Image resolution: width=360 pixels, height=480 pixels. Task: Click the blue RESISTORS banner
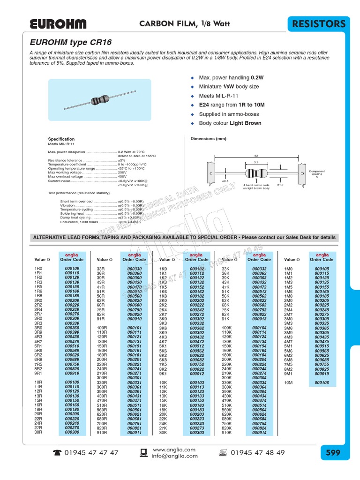pyautogui.click(x=320, y=24)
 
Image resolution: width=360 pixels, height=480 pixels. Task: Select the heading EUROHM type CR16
pyautogui.click(x=71, y=42)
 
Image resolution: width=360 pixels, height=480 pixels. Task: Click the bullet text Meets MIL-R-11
pyautogui.click(x=215, y=96)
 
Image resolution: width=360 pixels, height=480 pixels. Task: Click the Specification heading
pyautogui.click(x=61, y=139)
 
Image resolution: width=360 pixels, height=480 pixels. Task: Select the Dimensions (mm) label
pyautogui.click(x=208, y=139)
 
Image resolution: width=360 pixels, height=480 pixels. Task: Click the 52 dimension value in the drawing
pyautogui.click(x=256, y=155)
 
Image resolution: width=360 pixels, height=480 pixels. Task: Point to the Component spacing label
pyautogui.click(x=316, y=173)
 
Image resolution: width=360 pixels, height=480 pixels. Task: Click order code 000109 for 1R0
pyautogui.click(x=72, y=268)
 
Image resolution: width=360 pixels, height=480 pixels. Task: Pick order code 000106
pyautogui.click(x=322, y=382)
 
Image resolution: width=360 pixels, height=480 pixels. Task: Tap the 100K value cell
pyautogui.click(x=227, y=328)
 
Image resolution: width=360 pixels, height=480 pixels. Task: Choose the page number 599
pyautogui.click(x=333, y=453)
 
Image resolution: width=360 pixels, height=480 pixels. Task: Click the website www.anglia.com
pyautogui.click(x=167, y=450)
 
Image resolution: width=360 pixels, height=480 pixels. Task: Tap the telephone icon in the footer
pyautogui.click(x=57, y=453)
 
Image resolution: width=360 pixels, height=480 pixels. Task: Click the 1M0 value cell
pyautogui.click(x=288, y=268)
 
